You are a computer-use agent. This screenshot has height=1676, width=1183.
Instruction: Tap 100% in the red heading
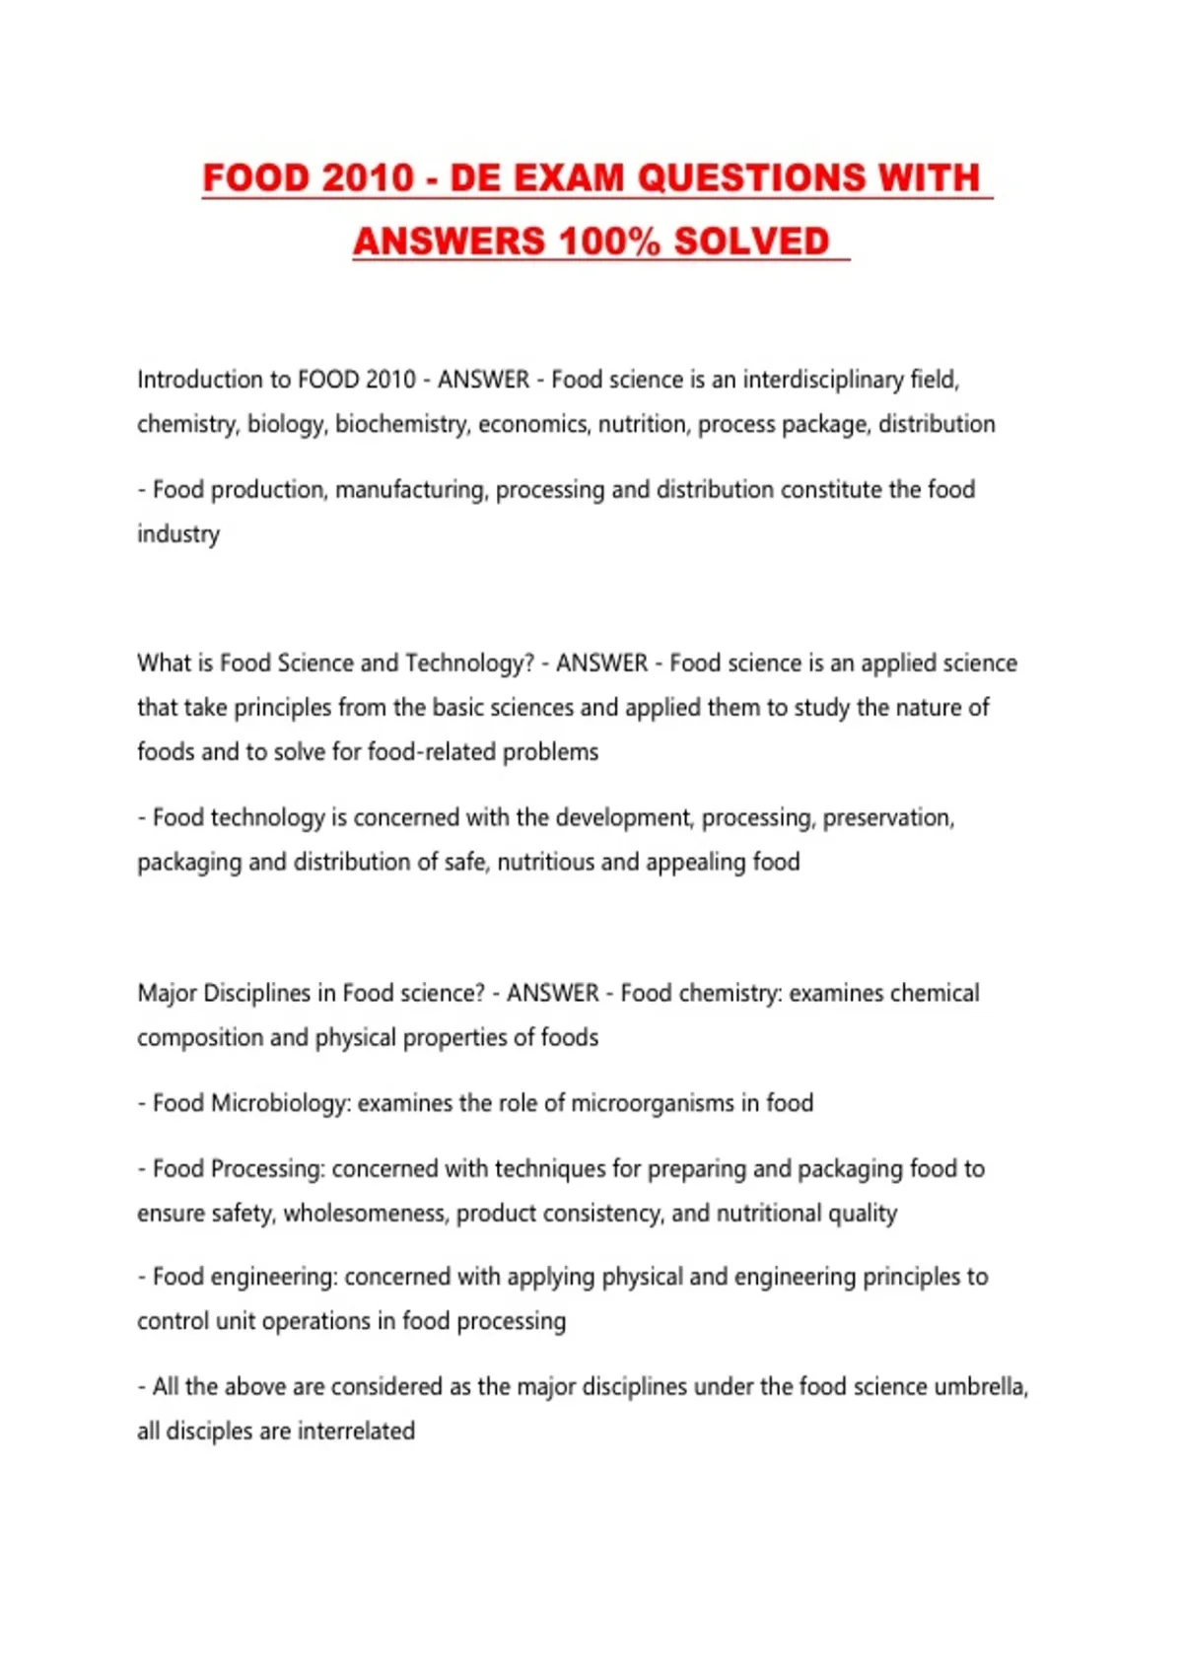[x=608, y=242]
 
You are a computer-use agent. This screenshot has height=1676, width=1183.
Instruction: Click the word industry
[x=178, y=534]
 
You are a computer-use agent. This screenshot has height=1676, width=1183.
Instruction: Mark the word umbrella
[x=980, y=1387]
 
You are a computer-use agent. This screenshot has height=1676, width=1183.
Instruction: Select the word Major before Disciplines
[x=167, y=994]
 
